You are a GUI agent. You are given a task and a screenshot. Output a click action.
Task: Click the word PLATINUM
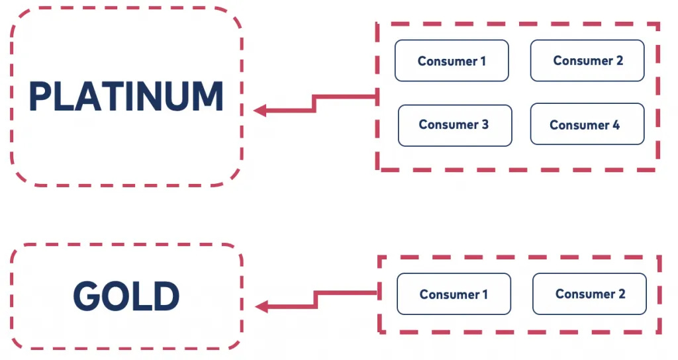pyautogui.click(x=126, y=97)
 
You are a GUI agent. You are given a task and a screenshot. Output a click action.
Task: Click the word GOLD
pyautogui.click(x=126, y=296)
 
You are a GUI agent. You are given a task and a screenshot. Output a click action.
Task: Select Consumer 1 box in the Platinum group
pyautogui.click(x=452, y=61)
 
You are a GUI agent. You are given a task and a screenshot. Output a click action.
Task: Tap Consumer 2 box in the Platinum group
pyautogui.click(x=587, y=60)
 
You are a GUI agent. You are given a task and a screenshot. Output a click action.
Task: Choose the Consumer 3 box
pyautogui.click(x=454, y=125)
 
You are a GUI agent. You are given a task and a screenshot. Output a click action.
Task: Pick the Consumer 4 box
pyautogui.click(x=587, y=124)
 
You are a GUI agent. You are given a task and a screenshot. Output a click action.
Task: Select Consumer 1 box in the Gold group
pyautogui.click(x=454, y=294)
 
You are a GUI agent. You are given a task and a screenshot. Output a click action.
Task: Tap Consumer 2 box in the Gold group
pyautogui.click(x=589, y=293)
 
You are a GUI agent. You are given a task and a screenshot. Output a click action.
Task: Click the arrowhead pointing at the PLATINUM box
pyautogui.click(x=260, y=111)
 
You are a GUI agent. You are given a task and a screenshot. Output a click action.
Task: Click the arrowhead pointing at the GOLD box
pyautogui.click(x=262, y=306)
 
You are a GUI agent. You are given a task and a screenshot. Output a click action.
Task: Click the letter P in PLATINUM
pyautogui.click(x=40, y=97)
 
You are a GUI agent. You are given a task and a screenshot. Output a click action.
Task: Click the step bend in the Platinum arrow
pyautogui.click(x=315, y=103)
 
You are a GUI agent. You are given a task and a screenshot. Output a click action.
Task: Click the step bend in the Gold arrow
pyautogui.click(x=316, y=300)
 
